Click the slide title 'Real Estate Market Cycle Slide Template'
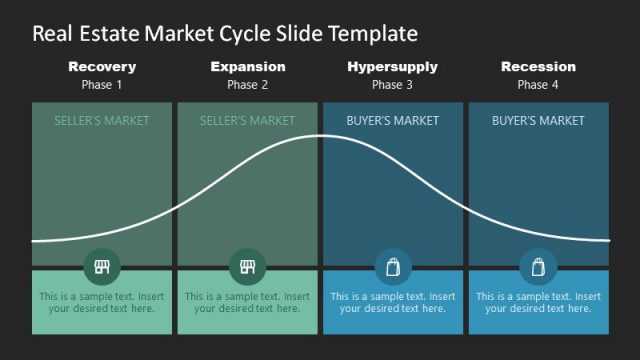(225, 34)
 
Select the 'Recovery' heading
(102, 67)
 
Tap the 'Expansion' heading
(248, 67)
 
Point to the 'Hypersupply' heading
(392, 67)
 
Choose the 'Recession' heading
(538, 67)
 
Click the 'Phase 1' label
(102, 85)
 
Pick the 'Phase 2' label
(248, 85)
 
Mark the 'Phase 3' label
(392, 85)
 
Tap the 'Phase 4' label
(538, 85)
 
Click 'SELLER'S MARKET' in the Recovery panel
(102, 121)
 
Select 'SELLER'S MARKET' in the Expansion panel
(248, 121)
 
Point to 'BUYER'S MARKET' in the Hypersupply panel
(392, 121)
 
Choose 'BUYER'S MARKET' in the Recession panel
(538, 121)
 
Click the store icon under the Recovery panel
(102, 267)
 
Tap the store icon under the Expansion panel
(248, 267)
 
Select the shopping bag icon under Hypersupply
(392, 267)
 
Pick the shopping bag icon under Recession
(538, 267)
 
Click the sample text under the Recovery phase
(102, 302)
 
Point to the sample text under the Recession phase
(538, 302)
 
